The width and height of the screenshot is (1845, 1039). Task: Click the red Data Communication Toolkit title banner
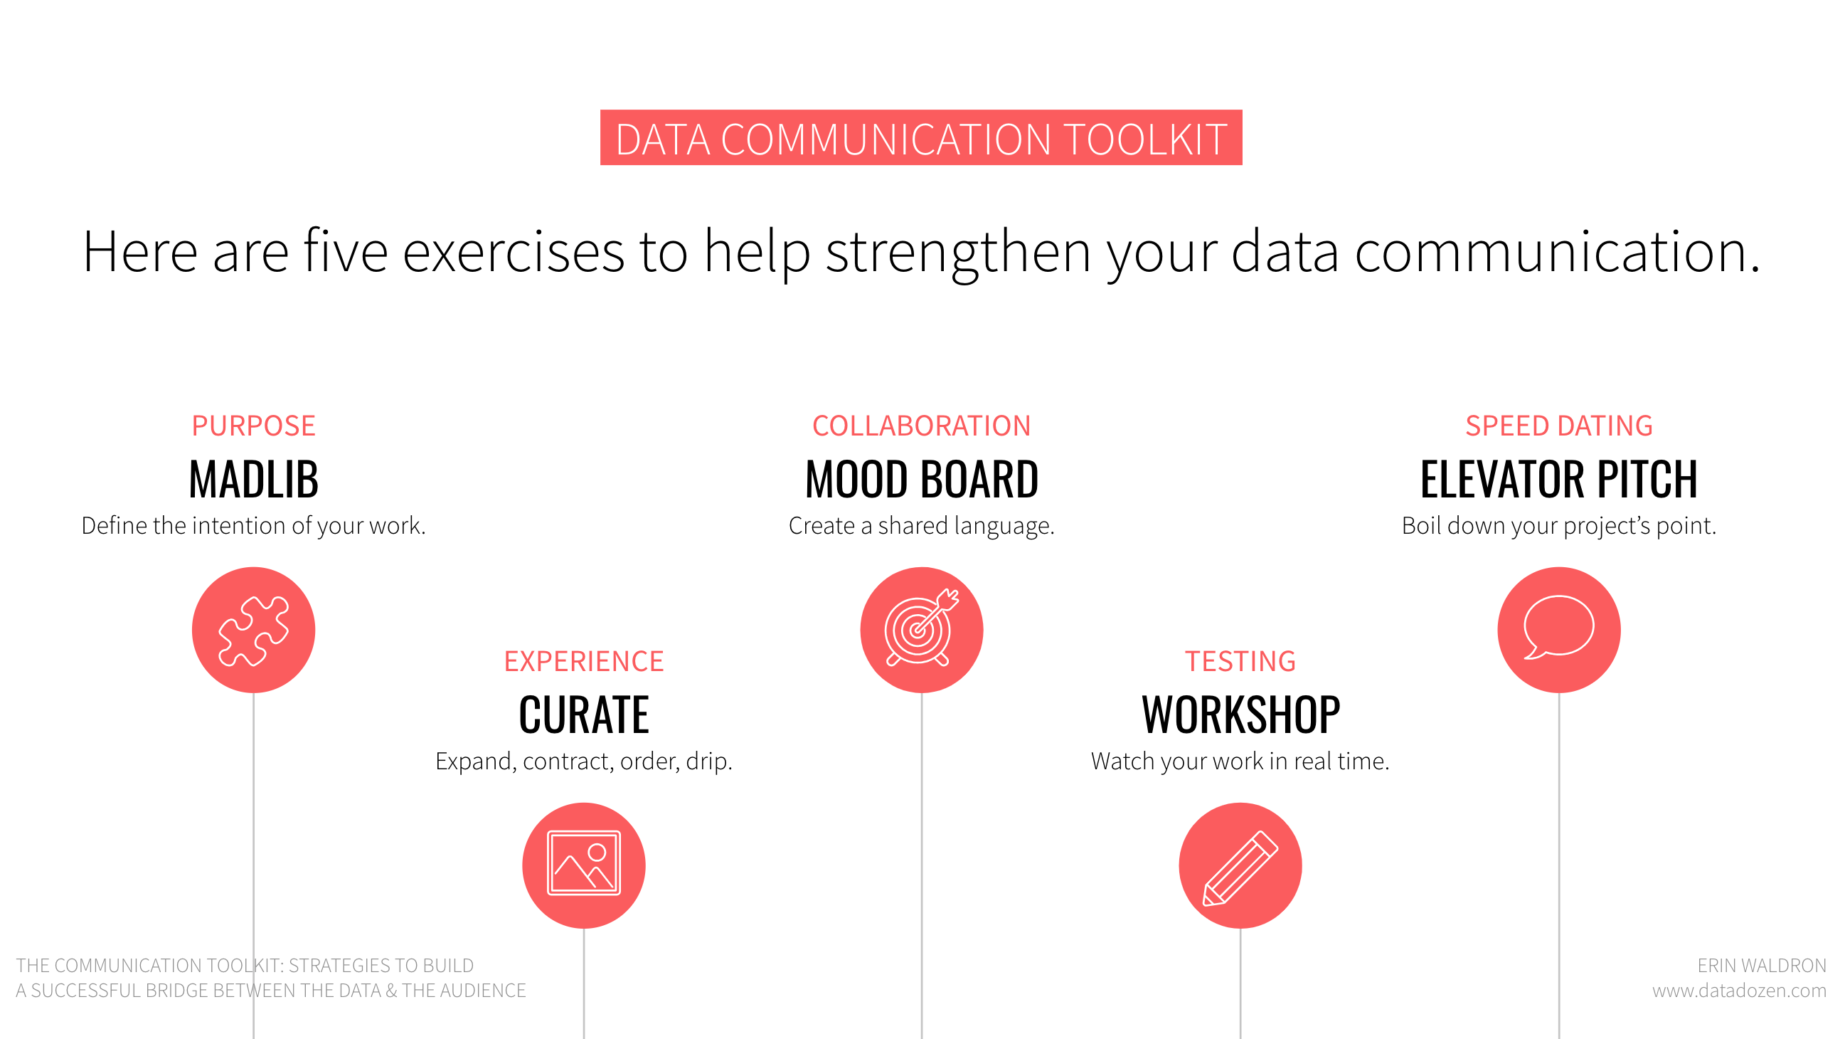coord(921,137)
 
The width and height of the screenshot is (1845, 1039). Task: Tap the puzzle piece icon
coord(253,630)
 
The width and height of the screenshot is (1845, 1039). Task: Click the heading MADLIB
coord(253,479)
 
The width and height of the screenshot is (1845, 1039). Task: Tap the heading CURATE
coord(584,714)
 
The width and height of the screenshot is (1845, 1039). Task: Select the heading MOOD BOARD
coord(922,479)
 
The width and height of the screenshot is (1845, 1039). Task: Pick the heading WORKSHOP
coord(1240,714)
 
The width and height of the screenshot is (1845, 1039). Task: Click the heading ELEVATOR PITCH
coord(1559,479)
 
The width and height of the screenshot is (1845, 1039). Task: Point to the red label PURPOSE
coord(253,426)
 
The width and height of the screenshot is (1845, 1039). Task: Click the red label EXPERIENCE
coord(584,661)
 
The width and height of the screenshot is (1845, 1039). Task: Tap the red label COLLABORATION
coord(922,426)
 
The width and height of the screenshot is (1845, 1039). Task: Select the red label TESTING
coord(1240,661)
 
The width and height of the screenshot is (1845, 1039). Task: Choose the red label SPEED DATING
coord(1559,426)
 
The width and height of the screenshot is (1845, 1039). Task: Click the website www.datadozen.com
coord(1740,991)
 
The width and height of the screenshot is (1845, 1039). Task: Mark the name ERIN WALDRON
coord(1762,965)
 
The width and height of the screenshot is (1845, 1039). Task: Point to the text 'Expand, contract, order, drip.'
coord(584,761)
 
